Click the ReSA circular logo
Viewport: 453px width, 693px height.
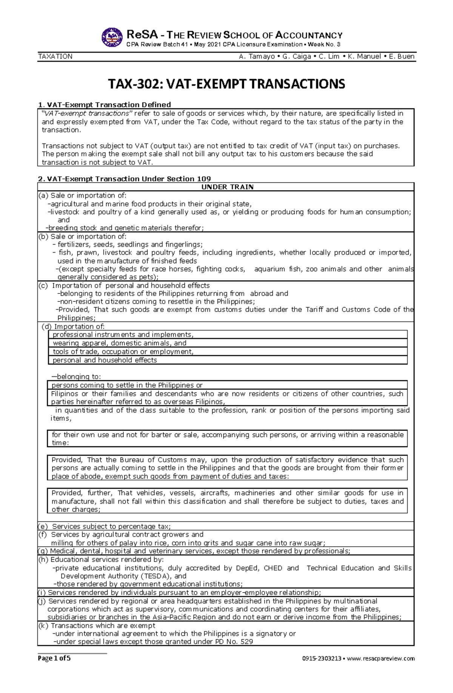tap(112, 37)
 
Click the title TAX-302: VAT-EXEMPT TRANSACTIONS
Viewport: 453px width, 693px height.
tap(226, 84)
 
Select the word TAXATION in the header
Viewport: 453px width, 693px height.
tap(55, 57)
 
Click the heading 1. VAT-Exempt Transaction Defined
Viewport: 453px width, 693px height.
tap(105, 105)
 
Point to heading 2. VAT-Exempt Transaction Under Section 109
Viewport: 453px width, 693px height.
tap(125, 179)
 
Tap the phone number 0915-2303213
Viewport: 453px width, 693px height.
tap(321, 659)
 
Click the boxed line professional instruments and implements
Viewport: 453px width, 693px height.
tap(123, 335)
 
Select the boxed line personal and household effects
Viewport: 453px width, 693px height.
tap(105, 360)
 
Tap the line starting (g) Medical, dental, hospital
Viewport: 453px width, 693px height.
tap(194, 551)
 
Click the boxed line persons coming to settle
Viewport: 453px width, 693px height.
tap(127, 385)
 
